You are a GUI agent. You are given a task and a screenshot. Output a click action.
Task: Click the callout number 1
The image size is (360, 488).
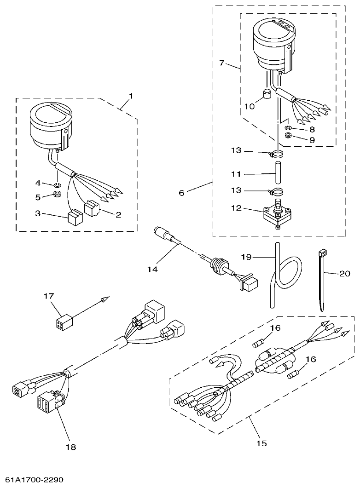(x=131, y=96)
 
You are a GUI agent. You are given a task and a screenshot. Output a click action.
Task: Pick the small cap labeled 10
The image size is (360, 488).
(x=265, y=95)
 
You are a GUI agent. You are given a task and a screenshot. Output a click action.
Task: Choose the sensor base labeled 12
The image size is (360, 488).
(x=276, y=214)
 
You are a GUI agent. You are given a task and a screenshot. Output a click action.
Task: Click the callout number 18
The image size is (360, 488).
(x=71, y=447)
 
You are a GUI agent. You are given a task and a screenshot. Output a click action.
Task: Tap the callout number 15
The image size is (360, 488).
(x=261, y=443)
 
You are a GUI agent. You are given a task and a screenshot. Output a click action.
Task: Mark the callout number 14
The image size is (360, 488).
(x=152, y=269)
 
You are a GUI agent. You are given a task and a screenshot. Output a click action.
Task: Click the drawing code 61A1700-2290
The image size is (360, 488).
(x=32, y=480)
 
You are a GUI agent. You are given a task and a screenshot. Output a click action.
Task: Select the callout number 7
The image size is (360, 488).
(x=222, y=63)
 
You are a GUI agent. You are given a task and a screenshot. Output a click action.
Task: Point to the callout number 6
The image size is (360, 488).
(x=181, y=193)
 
